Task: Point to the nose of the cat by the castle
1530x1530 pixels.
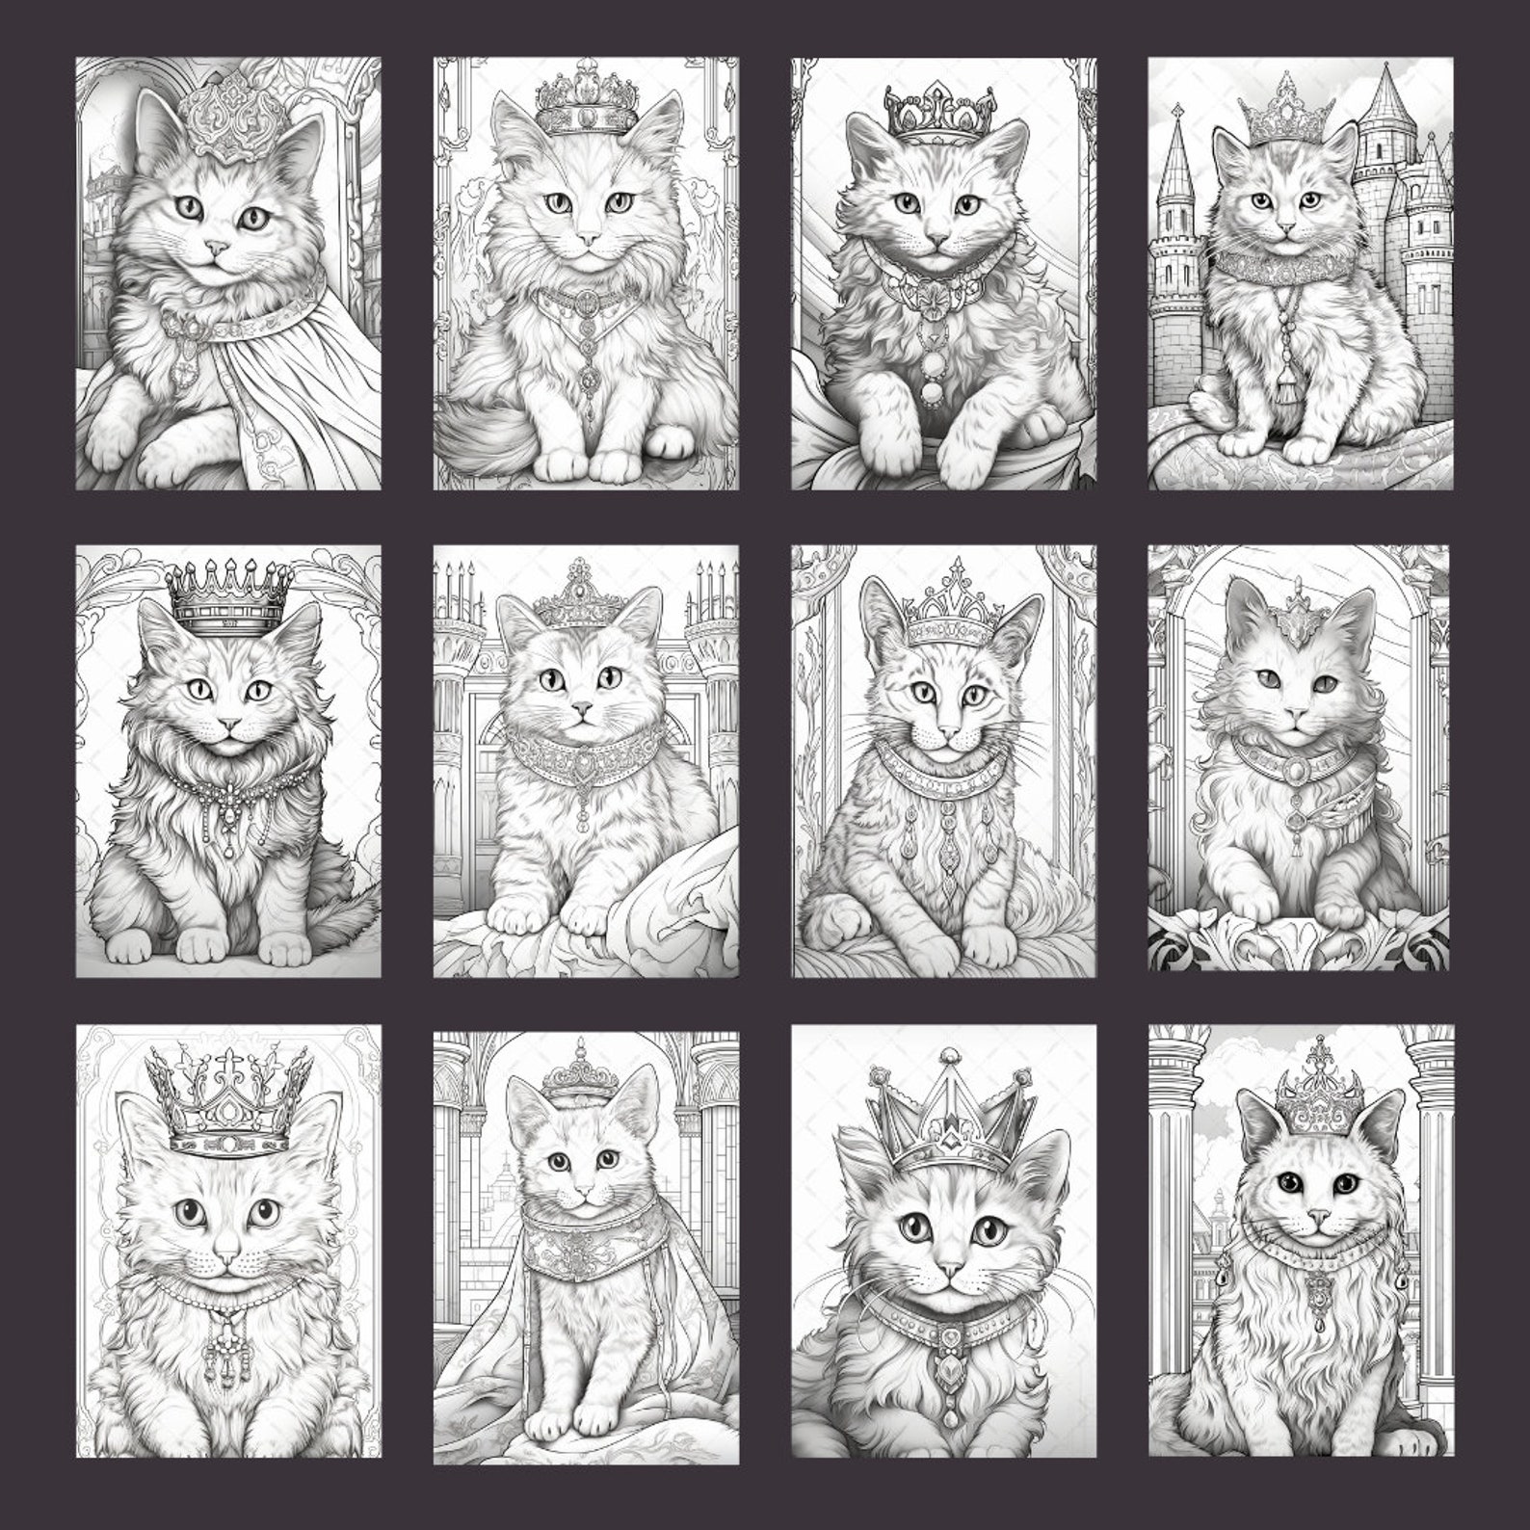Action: [1283, 227]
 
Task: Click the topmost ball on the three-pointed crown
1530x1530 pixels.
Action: [950, 1052]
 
